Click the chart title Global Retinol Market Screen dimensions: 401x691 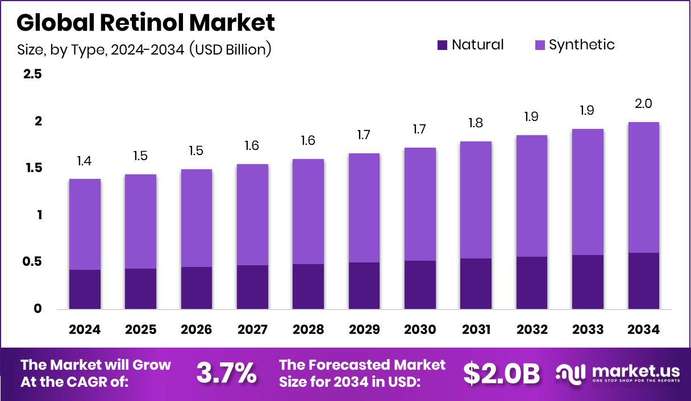[x=145, y=23]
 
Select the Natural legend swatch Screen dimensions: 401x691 [x=442, y=45]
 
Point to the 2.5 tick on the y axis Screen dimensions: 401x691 [x=32, y=74]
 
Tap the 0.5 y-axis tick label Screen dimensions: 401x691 [x=32, y=262]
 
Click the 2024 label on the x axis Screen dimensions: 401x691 [x=85, y=330]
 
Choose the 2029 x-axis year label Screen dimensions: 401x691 [x=364, y=330]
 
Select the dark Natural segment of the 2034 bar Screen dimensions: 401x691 [x=643, y=281]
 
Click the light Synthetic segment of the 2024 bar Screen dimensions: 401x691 [x=85, y=224]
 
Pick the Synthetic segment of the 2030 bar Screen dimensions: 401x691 [x=420, y=204]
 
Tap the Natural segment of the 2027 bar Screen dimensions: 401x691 [x=252, y=287]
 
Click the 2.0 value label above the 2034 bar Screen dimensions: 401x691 [x=643, y=104]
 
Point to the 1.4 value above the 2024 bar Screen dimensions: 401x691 [x=85, y=161]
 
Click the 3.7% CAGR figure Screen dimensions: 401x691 [x=226, y=373]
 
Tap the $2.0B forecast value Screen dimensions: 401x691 [x=501, y=373]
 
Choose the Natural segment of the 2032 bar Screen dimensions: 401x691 [x=532, y=283]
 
